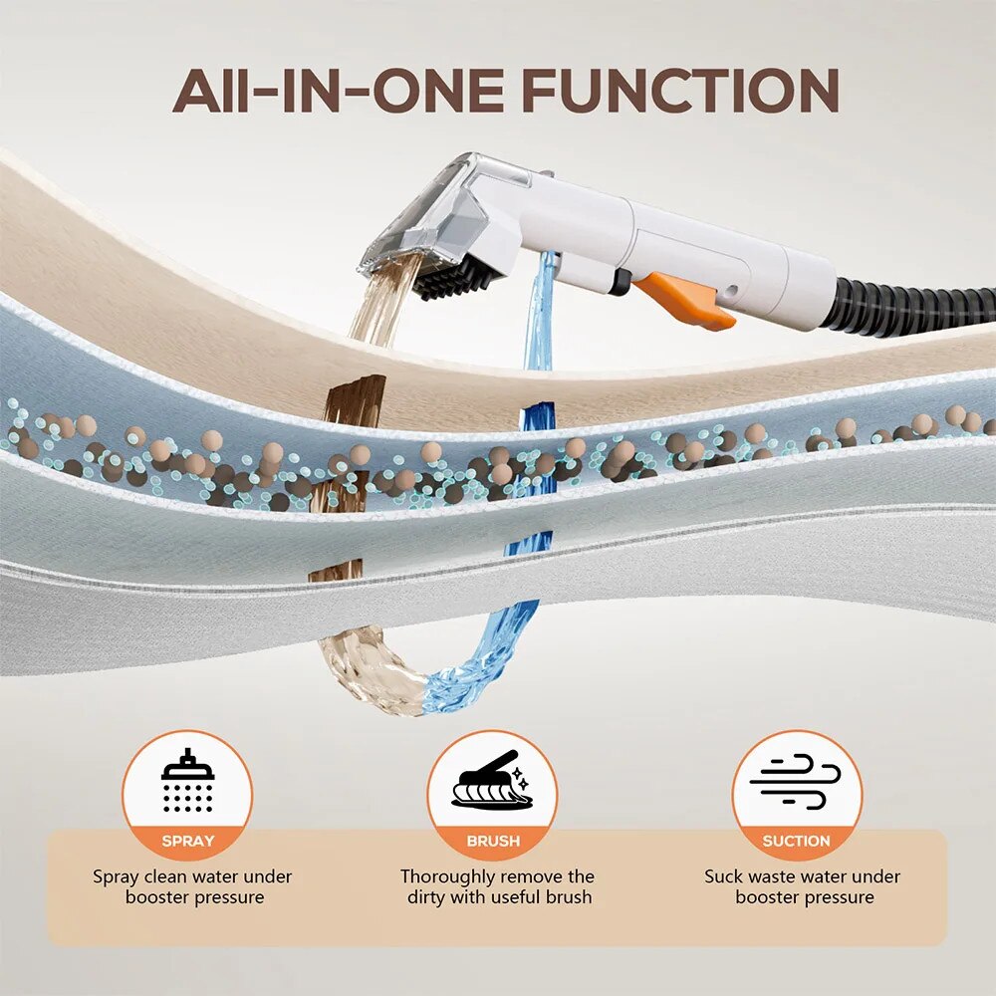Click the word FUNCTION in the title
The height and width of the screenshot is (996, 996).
[679, 92]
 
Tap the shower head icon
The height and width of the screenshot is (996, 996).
[187, 781]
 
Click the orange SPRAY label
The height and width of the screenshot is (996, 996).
[187, 841]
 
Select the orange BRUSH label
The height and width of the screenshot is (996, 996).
[493, 841]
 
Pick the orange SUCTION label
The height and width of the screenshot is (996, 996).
[796, 841]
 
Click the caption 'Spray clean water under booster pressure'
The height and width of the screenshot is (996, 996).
[192, 887]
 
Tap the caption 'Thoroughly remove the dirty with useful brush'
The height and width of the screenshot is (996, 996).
[497, 887]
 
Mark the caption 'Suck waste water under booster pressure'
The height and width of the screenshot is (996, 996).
[802, 887]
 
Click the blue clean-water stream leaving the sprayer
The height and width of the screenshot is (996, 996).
[540, 319]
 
